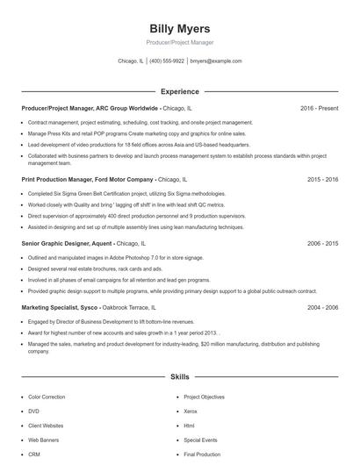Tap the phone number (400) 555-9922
coord(167,61)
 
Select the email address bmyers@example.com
coord(215,61)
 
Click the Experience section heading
coord(179,91)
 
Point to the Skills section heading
coord(179,376)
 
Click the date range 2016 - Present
coord(319,108)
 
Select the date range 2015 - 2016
coord(322,179)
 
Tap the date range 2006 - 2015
coord(322,243)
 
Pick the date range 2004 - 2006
coord(322,308)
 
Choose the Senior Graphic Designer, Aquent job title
coord(67,243)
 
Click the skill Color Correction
coord(47,397)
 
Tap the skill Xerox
coord(191,411)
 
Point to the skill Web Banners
coord(43,440)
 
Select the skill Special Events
coord(200,440)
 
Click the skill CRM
coord(34,454)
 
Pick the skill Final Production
coord(202,454)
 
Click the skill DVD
coord(33,411)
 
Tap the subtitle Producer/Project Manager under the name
coord(179,42)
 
